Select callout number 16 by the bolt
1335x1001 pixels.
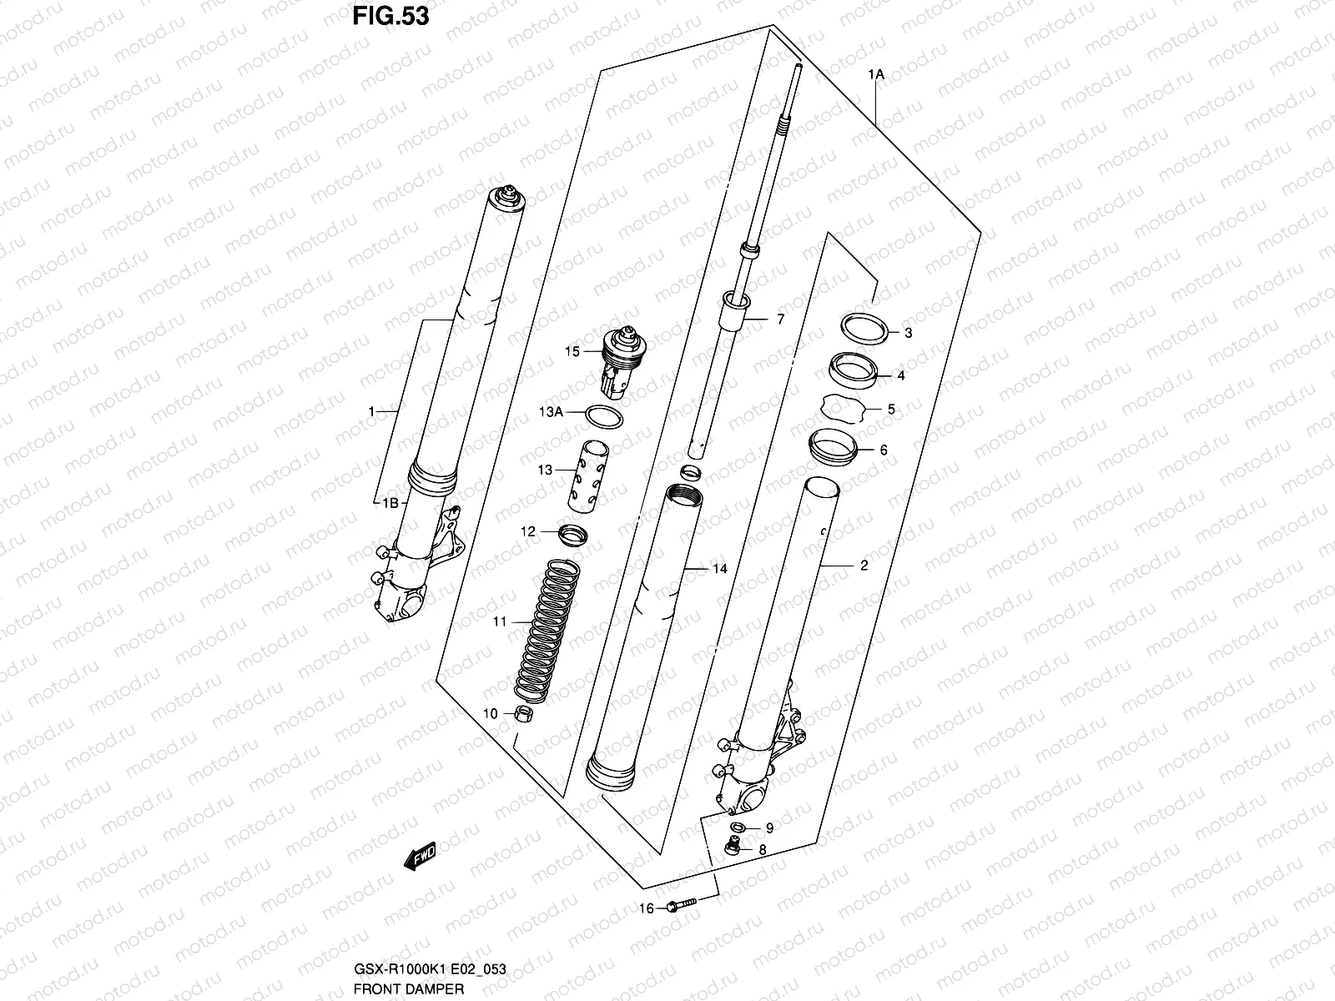[x=647, y=908]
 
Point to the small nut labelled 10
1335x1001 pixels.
[x=524, y=713]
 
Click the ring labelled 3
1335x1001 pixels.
[x=862, y=328]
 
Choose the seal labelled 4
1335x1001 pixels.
[x=852, y=370]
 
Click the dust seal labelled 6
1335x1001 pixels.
[x=834, y=446]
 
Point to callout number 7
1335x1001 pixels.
[x=780, y=319]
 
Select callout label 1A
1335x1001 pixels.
[x=875, y=75]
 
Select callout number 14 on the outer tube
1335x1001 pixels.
[x=719, y=569]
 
